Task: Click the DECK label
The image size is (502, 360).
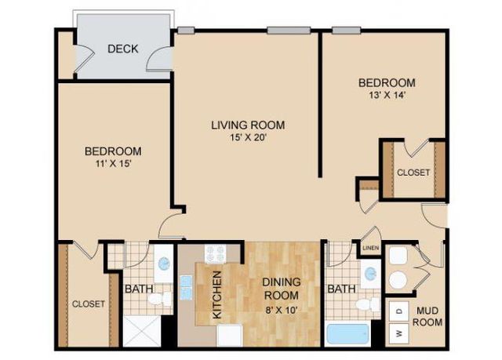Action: pos(123,49)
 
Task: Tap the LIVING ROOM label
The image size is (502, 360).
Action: pos(248,125)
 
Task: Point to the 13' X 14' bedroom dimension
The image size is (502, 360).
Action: pos(387,96)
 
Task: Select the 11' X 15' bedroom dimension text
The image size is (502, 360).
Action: pos(113,164)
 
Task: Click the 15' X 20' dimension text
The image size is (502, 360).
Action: pos(248,137)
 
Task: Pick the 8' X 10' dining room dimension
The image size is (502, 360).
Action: pos(281,310)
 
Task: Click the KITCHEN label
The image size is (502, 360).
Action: pos(217,295)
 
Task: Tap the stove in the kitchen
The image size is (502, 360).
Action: pos(216,253)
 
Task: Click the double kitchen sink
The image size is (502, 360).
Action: pos(186,288)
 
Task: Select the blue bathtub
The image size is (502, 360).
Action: pos(347,334)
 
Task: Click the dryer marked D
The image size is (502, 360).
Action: pos(398,311)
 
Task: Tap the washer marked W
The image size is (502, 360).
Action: pos(398,333)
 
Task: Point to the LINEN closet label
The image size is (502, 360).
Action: pos(371,248)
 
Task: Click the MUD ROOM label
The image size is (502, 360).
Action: pos(427,317)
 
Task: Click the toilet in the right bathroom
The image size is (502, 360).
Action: pos(368,304)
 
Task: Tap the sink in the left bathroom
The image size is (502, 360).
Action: pos(164,264)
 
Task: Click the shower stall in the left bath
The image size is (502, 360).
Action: pos(142,331)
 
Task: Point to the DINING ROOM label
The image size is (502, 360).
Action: pos(281,289)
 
